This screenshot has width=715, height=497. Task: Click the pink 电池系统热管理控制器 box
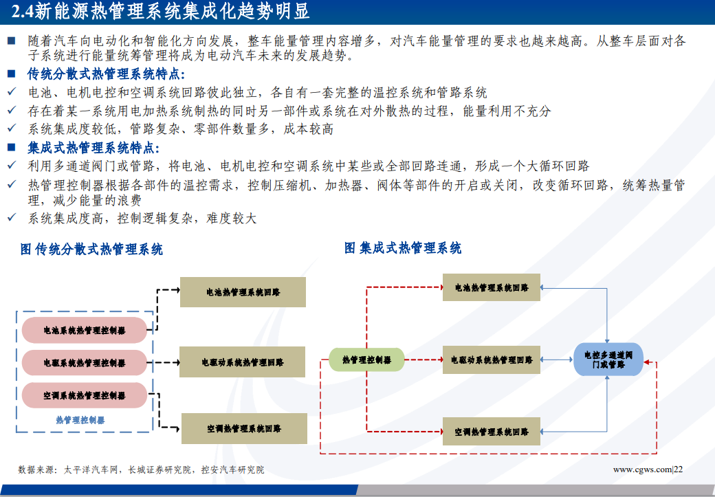[85, 331]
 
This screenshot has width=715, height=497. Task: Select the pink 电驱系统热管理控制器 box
[85, 363]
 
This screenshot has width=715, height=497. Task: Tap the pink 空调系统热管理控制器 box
[85, 395]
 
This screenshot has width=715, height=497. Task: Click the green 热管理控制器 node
[366, 360]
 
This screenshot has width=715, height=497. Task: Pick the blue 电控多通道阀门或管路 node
[608, 360]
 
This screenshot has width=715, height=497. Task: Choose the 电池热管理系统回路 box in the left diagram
[243, 292]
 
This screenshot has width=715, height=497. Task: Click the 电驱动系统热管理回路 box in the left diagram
[243, 362]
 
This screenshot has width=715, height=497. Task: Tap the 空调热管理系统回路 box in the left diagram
[243, 428]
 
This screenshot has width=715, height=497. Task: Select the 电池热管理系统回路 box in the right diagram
[492, 287]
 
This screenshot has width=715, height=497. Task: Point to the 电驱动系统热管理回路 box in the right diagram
[492, 360]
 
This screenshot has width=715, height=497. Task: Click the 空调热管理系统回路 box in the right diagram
[492, 432]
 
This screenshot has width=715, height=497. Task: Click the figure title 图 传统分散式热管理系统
[91, 250]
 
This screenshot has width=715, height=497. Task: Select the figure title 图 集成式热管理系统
[403, 248]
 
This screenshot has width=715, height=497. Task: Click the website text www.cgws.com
[641, 470]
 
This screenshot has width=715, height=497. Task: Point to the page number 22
[678, 470]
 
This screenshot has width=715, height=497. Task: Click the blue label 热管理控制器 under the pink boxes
[80, 420]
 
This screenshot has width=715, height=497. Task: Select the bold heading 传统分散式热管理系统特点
[106, 74]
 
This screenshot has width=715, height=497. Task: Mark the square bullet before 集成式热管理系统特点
[11, 148]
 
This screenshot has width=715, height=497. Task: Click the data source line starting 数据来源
[141, 470]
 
